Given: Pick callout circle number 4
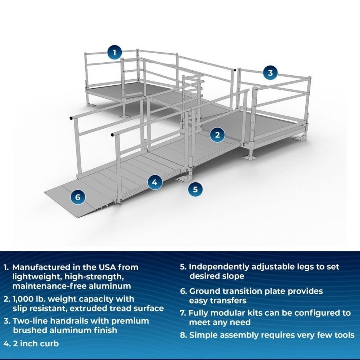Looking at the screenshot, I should pos(154,182).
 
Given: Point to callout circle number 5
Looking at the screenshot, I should pos(195,189).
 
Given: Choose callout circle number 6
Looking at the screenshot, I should pos(78,197).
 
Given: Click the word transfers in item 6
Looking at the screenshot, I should pos(234,300).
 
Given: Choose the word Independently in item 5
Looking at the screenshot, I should pos(220,267).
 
